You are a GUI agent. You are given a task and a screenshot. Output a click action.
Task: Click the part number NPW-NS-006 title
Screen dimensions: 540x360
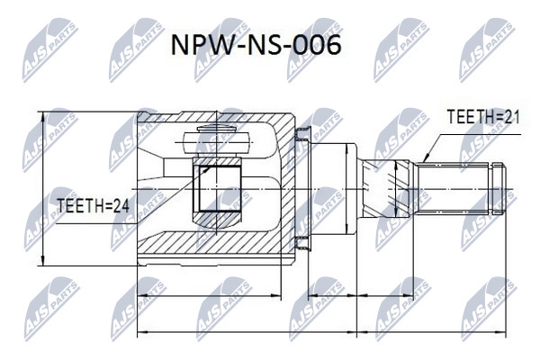[256, 45]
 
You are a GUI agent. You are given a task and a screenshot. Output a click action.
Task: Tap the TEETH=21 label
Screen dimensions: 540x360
[483, 117]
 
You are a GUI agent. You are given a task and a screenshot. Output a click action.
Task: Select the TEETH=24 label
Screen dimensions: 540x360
[93, 206]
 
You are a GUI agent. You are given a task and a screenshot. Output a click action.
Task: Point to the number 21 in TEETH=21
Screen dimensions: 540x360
[512, 117]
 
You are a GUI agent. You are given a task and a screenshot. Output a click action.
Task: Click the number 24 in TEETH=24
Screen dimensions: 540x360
[121, 206]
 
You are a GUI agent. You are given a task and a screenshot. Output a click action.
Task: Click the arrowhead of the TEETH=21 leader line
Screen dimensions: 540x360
[426, 158]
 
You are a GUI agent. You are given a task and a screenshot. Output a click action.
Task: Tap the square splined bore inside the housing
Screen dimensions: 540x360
[217, 188]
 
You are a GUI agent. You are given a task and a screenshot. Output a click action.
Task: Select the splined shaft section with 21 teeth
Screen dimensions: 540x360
[453, 189]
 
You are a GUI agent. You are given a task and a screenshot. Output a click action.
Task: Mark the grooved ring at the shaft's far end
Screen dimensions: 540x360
[499, 189]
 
